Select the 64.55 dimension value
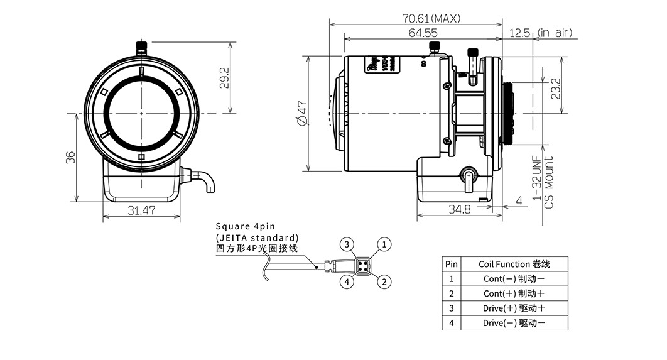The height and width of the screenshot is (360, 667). (423, 33)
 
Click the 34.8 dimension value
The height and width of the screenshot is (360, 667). (459, 209)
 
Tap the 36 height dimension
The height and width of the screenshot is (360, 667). (70, 157)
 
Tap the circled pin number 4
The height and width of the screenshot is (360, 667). (346, 281)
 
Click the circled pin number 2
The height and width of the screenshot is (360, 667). (385, 281)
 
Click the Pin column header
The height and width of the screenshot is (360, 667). (452, 264)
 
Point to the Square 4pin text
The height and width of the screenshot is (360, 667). (246, 226)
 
